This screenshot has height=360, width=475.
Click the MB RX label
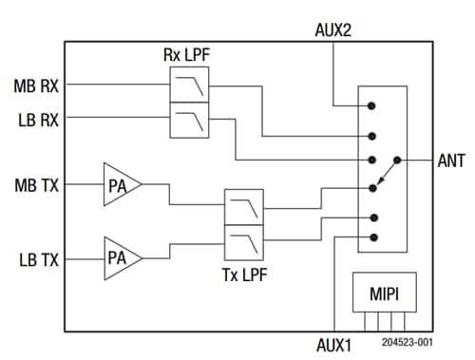(36, 85)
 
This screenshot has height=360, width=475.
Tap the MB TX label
(36, 183)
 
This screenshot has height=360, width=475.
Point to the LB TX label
(36, 257)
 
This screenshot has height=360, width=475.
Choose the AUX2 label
(333, 28)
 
